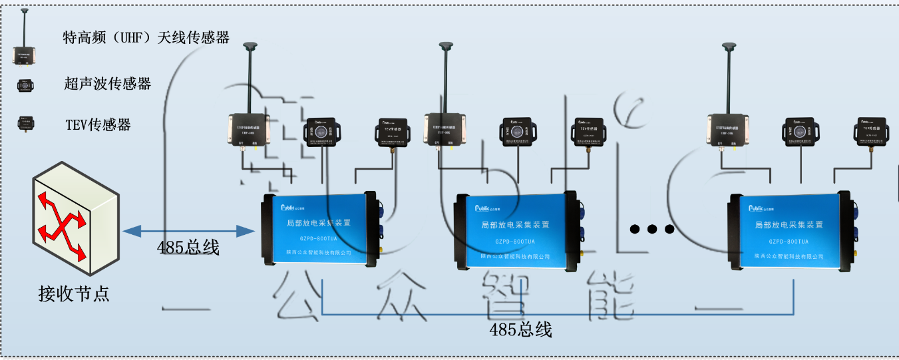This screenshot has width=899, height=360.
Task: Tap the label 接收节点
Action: click(74, 293)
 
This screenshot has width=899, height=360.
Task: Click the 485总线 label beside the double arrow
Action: click(188, 248)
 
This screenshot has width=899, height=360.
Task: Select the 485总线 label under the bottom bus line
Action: click(521, 329)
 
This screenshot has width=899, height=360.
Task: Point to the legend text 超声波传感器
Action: click(108, 84)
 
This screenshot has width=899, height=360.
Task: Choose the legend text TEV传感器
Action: click(98, 124)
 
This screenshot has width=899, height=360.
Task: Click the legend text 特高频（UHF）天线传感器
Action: click(146, 38)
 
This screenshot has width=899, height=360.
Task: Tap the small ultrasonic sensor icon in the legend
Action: click(26, 85)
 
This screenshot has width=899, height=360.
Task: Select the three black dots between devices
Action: click(652, 230)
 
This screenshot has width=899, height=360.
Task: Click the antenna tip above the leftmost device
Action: click(250, 47)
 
